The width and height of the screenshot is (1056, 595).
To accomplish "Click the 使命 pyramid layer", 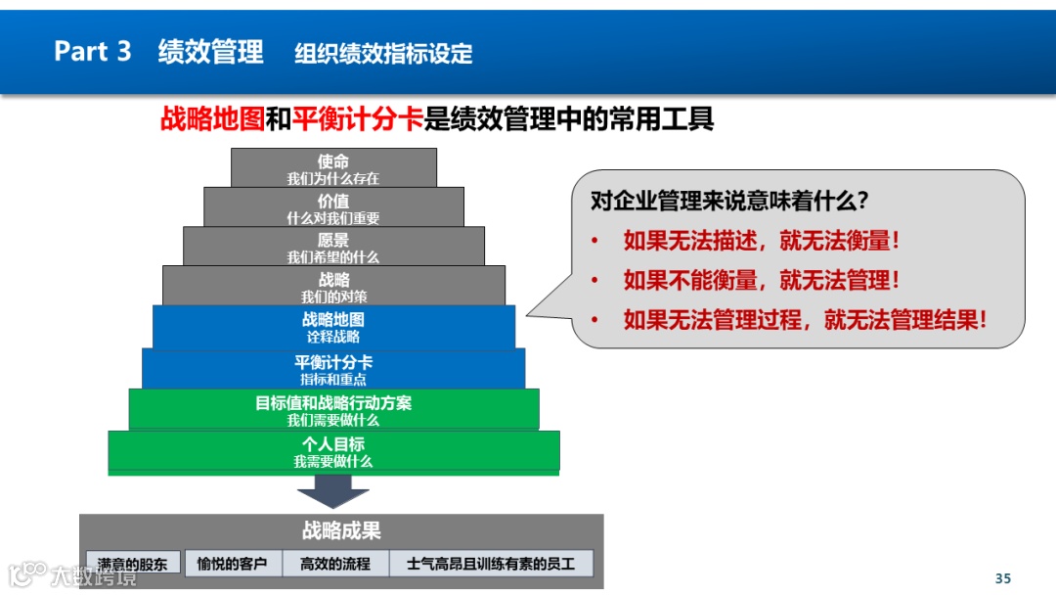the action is pos(333,168).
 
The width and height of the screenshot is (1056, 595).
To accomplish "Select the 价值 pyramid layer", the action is pos(333,207).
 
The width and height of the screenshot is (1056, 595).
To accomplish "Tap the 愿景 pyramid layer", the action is pos(333,247).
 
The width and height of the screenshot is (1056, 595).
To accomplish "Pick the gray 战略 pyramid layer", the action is pos(333,286).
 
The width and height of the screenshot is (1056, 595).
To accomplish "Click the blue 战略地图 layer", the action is pos(333,327).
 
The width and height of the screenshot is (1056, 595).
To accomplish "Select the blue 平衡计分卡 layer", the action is pos(333,369).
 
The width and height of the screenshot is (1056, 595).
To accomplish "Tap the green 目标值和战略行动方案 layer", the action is pos(333,410).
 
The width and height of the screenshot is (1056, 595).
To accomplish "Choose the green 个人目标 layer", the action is pos(333,451).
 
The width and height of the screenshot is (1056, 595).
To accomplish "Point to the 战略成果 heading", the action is pos(341,531).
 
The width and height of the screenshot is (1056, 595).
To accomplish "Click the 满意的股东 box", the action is pos(133,564).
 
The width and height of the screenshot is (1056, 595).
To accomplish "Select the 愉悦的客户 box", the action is pos(233,564).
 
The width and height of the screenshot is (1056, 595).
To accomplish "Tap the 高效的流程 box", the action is pos(335,564).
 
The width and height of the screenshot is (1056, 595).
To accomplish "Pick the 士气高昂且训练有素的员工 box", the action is pos(491,564).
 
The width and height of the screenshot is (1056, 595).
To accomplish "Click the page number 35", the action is pos(1002,577).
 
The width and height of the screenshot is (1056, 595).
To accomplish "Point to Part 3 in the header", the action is pos(92,52).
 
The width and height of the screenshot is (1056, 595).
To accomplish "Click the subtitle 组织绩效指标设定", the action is pos(383,54).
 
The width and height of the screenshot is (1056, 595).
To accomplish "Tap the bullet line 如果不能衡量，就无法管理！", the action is pos(762,280).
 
